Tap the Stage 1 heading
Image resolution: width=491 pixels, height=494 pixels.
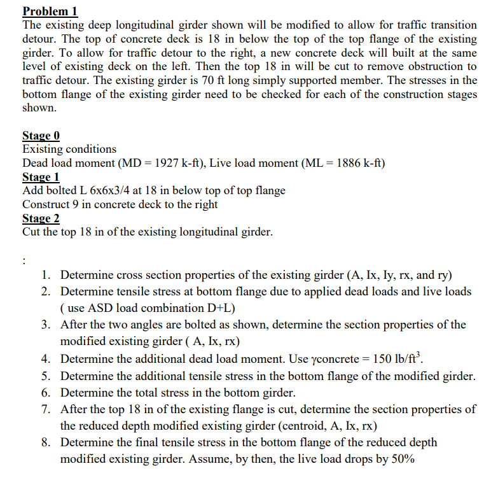(x=41, y=177)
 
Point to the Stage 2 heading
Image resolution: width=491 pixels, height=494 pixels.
(x=41, y=218)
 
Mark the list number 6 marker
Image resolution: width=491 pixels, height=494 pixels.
(x=46, y=393)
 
